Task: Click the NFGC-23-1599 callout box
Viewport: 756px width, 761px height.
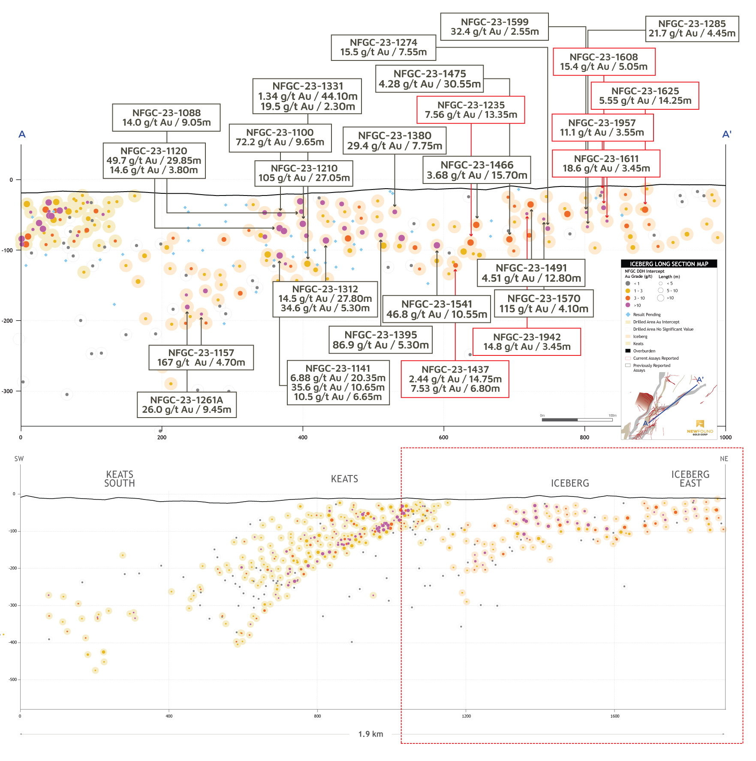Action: click(x=494, y=27)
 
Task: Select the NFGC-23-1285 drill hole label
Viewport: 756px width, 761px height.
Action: click(x=692, y=29)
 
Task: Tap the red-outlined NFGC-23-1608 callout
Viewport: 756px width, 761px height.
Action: click(x=604, y=62)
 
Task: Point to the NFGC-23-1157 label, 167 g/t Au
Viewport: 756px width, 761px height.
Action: click(x=201, y=358)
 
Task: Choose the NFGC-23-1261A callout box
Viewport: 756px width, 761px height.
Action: click(x=187, y=405)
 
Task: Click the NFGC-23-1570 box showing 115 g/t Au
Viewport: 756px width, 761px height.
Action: click(x=544, y=304)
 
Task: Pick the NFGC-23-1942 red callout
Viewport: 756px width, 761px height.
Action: click(x=527, y=342)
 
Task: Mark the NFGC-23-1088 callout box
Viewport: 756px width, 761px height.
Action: click(x=166, y=117)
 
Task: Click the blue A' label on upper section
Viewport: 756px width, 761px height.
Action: click(x=726, y=134)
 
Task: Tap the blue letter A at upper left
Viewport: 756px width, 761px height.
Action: click(x=22, y=134)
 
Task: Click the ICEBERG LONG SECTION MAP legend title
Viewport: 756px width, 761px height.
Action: click(x=669, y=264)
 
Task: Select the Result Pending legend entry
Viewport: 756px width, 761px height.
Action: click(x=646, y=315)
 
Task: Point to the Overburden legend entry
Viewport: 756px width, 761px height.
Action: click(x=644, y=351)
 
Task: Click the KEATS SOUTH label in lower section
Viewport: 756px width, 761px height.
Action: click(x=120, y=479)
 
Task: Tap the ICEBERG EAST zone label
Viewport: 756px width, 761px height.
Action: click(x=690, y=479)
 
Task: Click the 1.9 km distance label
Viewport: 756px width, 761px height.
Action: click(x=370, y=734)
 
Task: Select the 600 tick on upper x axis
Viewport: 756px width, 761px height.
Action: click(x=443, y=437)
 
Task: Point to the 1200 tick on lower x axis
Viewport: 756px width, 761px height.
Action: click(x=466, y=716)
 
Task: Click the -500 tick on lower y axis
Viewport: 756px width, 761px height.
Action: click(x=12, y=680)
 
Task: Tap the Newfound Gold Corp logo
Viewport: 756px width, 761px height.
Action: click(x=700, y=427)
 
